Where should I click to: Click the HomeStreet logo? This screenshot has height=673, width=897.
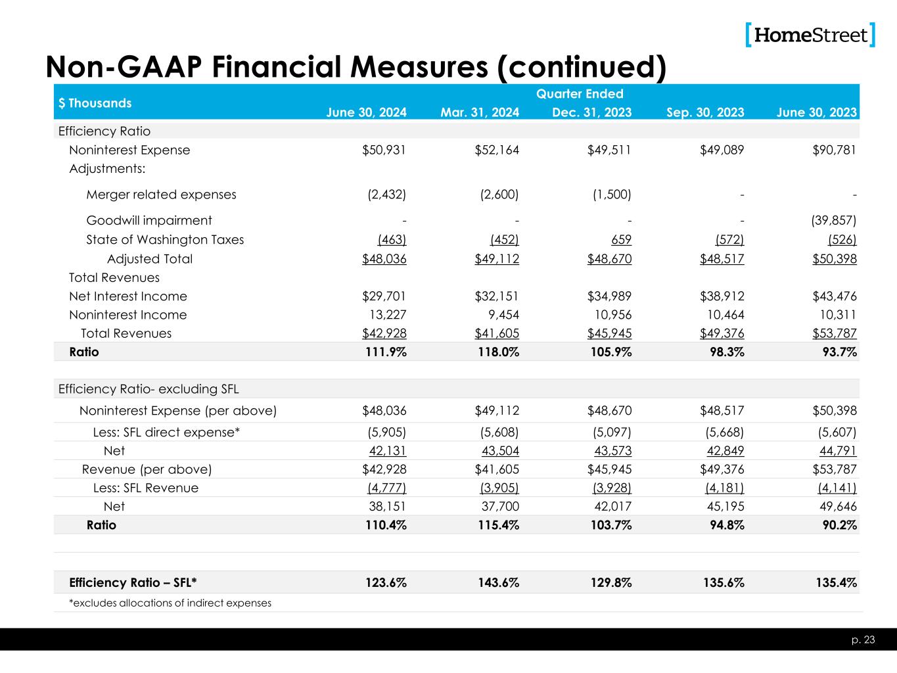point(810,35)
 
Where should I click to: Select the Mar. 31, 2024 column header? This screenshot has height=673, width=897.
point(480,112)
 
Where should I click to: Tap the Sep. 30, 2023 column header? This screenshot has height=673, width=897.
point(705,112)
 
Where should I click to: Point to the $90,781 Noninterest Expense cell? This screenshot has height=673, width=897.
point(836,150)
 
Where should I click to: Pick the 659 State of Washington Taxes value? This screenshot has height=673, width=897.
point(622,240)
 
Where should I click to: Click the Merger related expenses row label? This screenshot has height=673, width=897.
point(161,195)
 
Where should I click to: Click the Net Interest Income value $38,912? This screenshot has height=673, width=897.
point(722,296)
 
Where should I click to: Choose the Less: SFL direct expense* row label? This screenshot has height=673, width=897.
point(166,432)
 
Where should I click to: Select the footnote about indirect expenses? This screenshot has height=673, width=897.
point(170,603)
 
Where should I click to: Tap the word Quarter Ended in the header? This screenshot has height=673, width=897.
point(580,94)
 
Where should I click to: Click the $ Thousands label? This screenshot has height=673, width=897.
point(95,103)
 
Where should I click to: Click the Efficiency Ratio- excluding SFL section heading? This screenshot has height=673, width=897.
point(149,389)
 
